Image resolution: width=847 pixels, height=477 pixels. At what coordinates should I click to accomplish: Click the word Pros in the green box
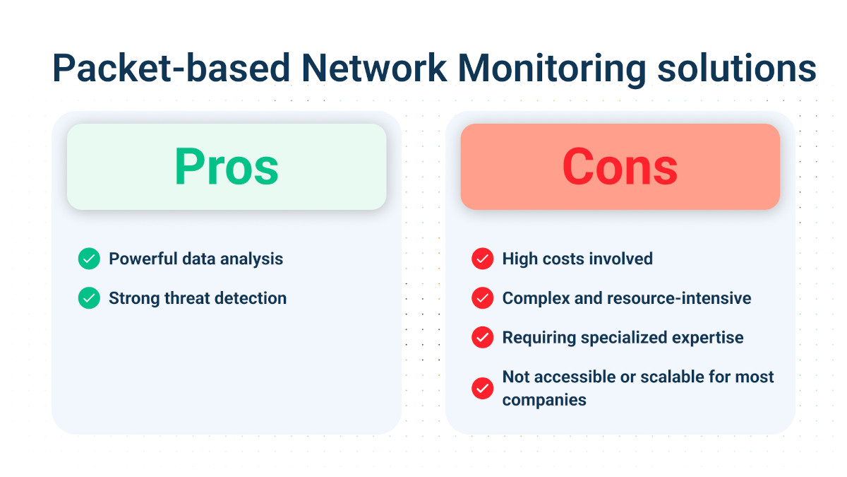[x=227, y=167]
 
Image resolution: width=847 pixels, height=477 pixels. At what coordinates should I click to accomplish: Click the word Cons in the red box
[x=620, y=167]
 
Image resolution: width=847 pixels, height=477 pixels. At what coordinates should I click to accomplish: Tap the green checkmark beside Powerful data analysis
[x=89, y=259]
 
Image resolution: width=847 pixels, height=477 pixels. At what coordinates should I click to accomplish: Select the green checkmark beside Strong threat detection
[x=89, y=298]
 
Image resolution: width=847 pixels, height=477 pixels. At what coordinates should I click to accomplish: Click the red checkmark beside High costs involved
[x=482, y=259]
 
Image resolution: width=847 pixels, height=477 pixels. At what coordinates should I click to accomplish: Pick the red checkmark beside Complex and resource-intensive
[x=482, y=298]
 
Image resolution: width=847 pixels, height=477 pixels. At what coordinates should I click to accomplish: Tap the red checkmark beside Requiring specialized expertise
[x=482, y=337]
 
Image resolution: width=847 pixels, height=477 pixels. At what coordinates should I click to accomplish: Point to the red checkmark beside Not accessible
[x=482, y=388]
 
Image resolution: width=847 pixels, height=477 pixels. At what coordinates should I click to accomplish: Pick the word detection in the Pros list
[x=251, y=298]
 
